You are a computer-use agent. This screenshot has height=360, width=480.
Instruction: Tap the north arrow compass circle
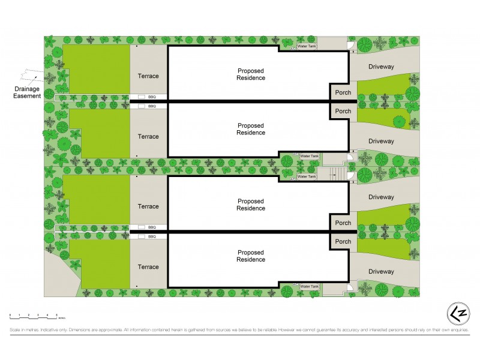(458, 314)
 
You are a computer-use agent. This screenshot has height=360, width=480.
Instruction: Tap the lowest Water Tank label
(309, 287)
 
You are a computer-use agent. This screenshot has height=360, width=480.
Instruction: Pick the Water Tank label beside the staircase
(307, 176)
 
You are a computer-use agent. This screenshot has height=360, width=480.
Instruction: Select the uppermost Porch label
(343, 93)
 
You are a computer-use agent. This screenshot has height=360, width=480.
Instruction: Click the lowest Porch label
(343, 242)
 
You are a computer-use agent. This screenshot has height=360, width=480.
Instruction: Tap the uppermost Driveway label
(381, 67)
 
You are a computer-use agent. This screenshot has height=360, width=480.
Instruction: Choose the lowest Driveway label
(381, 272)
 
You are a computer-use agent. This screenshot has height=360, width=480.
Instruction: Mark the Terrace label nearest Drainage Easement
(148, 76)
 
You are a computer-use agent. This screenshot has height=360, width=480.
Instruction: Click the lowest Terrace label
(148, 267)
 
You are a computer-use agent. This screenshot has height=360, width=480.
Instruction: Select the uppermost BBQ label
(152, 97)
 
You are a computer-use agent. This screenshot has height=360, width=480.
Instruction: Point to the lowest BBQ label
(152, 236)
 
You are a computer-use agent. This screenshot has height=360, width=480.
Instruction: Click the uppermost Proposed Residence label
(251, 74)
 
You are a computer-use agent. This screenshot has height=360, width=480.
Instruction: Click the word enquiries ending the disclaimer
(458, 330)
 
